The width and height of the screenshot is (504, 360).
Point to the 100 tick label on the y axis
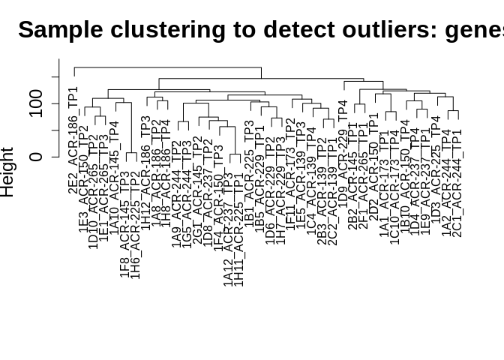point(36,103)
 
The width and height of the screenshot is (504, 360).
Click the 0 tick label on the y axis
point(36,157)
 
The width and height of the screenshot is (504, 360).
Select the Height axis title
point(7,172)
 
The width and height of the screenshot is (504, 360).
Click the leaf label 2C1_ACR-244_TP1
point(457,183)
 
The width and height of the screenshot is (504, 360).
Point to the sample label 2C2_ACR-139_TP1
point(333,190)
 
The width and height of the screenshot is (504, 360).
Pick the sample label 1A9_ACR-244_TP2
point(177,195)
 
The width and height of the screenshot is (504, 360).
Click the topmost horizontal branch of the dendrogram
point(167,67)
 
